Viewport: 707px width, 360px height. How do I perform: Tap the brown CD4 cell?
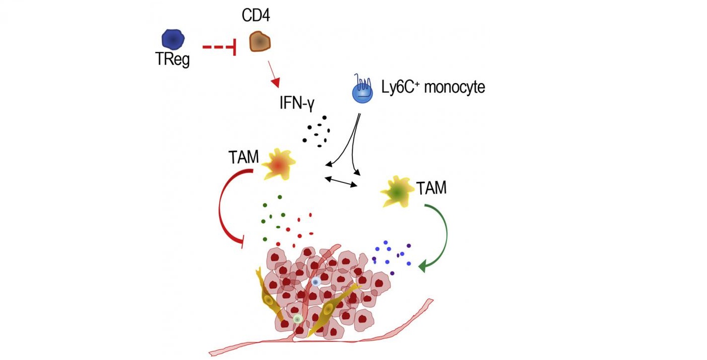pyautogui.click(x=259, y=41)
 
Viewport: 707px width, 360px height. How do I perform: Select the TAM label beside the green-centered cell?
pyautogui.click(x=431, y=188)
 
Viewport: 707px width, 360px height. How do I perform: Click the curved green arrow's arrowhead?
pyautogui.click(x=424, y=267)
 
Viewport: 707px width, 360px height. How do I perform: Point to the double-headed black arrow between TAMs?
pyautogui.click(x=341, y=182)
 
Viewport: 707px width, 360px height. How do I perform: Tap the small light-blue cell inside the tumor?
pyautogui.click(x=315, y=282)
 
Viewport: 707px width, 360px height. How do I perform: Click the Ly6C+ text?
pyautogui.click(x=397, y=88)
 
